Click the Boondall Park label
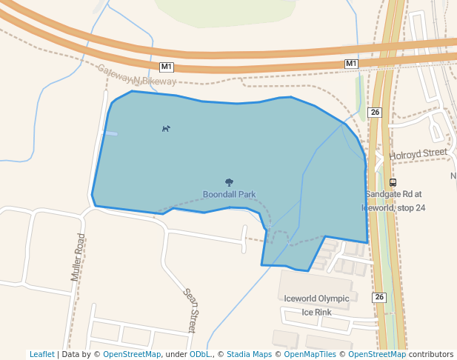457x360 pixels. (x=229, y=194)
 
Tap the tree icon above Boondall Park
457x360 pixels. (x=229, y=182)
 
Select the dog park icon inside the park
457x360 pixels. (x=166, y=128)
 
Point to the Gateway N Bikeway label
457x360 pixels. (x=138, y=75)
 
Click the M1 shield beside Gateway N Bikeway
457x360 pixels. (x=166, y=67)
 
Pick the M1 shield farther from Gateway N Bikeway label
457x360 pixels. (x=352, y=64)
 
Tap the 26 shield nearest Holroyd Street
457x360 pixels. (x=375, y=113)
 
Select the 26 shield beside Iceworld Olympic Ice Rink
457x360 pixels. (x=380, y=297)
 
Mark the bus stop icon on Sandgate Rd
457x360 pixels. (x=393, y=182)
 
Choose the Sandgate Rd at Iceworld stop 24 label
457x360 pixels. (x=394, y=201)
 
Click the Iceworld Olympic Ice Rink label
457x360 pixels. (x=316, y=305)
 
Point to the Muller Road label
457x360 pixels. (x=78, y=257)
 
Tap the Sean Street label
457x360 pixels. (x=192, y=310)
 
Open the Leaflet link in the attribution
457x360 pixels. (x=41, y=354)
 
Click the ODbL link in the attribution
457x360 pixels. (x=200, y=354)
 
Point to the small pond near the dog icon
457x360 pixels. (x=110, y=133)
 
